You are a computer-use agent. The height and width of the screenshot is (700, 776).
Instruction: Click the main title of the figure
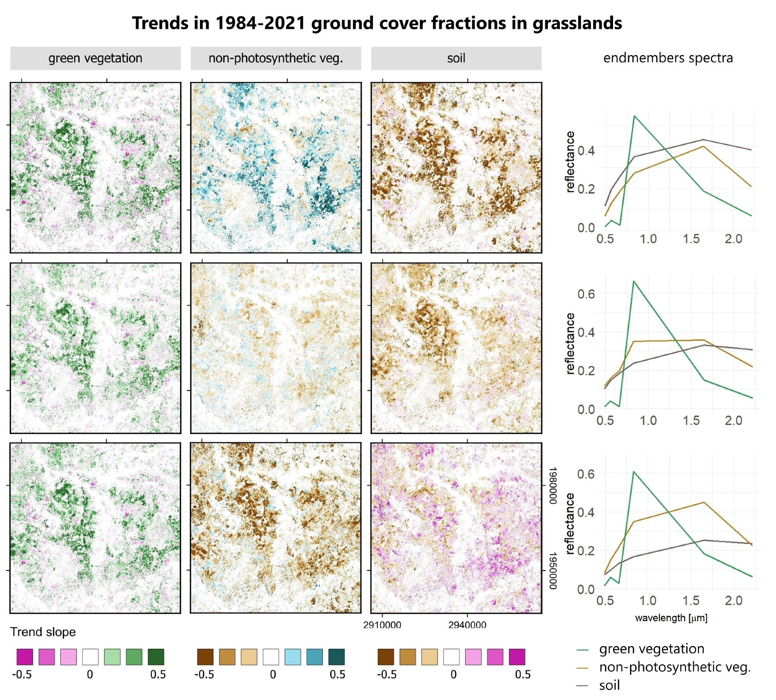(377, 23)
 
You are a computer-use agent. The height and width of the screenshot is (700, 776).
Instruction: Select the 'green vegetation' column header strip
(95, 58)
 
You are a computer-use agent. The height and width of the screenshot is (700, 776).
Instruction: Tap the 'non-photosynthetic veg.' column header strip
(275, 58)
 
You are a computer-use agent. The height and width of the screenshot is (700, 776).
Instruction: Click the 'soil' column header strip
(456, 58)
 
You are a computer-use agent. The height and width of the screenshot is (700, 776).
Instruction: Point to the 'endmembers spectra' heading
(668, 58)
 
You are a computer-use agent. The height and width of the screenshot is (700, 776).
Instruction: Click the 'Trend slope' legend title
(43, 632)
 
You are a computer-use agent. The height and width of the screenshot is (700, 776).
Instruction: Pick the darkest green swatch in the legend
(156, 657)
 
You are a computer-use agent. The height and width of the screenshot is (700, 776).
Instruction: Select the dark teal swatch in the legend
(336, 657)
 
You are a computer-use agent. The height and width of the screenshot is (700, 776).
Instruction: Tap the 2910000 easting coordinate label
(382, 625)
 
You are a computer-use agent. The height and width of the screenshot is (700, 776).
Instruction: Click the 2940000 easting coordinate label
(467, 625)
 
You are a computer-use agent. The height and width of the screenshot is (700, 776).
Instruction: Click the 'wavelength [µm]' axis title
(671, 618)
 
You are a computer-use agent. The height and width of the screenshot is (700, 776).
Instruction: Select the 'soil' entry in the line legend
(609, 685)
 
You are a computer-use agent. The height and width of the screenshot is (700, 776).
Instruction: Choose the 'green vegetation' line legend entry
(651, 649)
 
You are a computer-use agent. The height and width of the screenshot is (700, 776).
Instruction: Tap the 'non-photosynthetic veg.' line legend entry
(674, 667)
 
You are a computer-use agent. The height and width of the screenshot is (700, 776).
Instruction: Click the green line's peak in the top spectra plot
(634, 116)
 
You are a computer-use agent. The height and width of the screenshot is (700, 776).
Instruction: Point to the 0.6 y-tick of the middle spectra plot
(585, 294)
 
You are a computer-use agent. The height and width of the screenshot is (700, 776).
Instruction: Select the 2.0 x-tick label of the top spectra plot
(733, 239)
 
